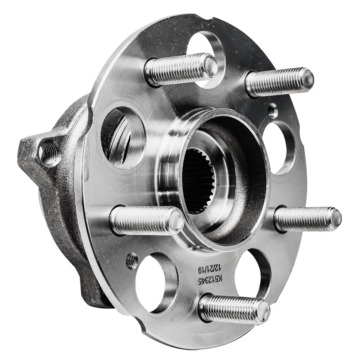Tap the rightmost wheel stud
tap(307, 219)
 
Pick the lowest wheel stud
tap(234, 308)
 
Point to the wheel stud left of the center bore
tap(146, 221)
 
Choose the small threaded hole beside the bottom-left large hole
tap(132, 261)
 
